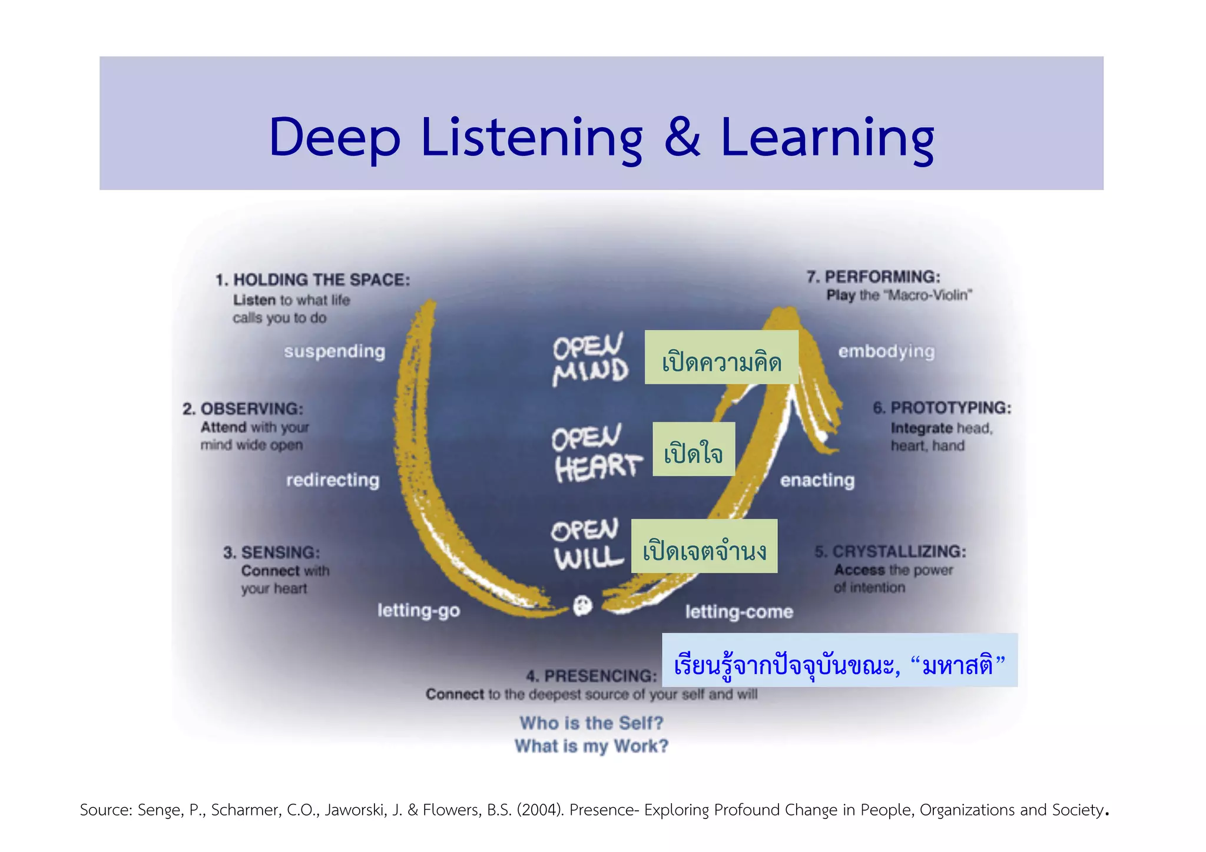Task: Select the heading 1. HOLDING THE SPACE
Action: pos(313,280)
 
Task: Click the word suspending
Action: pos(334,352)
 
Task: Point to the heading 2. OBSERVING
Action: pos(243,409)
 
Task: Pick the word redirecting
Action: pos(333,480)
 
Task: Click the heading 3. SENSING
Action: pos(271,552)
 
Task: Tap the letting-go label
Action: pos(419,611)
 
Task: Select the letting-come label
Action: pos(739,612)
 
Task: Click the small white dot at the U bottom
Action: pos(582,605)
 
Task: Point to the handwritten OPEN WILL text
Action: pos(587,545)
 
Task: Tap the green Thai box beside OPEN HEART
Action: pos(694,449)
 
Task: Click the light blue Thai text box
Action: pos(839,660)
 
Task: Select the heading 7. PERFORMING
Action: pos(873,277)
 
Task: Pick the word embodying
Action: pos(886,352)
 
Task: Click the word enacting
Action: pos(817,480)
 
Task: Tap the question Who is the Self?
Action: pos(591,722)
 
